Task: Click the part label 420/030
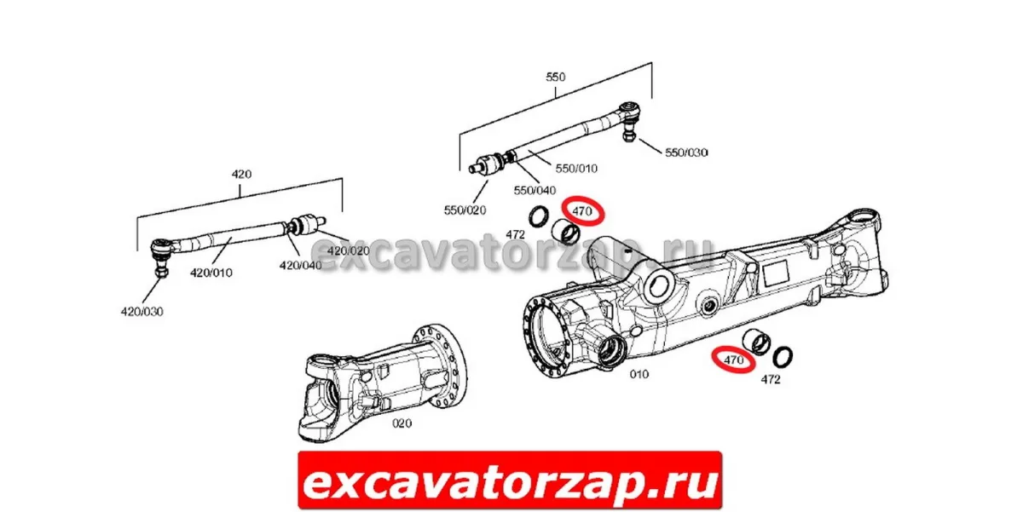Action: (142, 312)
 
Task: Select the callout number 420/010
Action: (211, 273)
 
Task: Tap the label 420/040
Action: (300, 265)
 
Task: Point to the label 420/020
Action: (349, 251)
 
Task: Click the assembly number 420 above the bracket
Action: (241, 174)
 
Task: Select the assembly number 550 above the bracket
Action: (555, 77)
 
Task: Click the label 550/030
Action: (686, 152)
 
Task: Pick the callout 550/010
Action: (576, 169)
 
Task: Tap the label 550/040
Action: (535, 190)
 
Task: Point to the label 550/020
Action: (465, 210)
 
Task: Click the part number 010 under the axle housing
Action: (639, 374)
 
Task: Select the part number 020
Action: (402, 423)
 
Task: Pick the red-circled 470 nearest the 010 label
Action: (733, 360)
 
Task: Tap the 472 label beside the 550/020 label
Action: (515, 234)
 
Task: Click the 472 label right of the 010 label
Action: (771, 379)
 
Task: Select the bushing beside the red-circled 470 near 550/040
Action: (565, 231)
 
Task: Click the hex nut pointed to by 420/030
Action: (161, 272)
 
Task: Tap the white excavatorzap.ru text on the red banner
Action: (510, 481)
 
